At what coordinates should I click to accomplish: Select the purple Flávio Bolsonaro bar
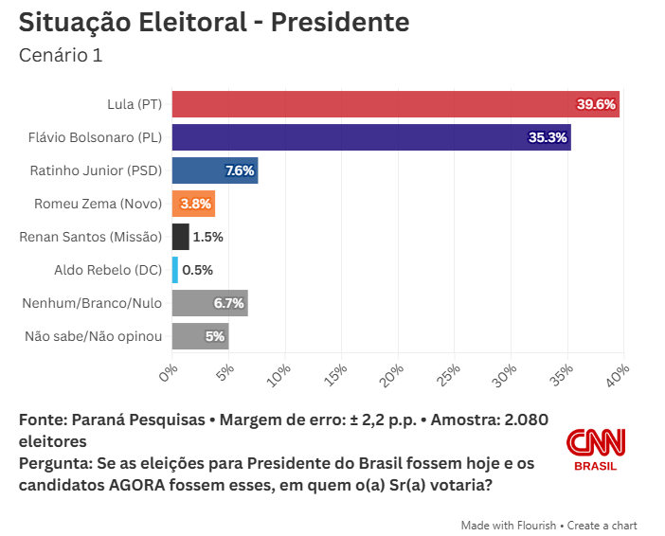(370, 137)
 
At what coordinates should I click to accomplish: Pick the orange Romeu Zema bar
(193, 204)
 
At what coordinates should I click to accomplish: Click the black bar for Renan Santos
(180, 237)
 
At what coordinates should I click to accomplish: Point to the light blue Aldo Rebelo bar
(174, 270)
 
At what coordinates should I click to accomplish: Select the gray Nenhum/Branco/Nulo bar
(209, 303)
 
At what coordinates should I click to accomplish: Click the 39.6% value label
(597, 104)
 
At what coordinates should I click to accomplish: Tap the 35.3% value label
(548, 137)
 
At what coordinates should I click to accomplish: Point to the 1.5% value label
(207, 237)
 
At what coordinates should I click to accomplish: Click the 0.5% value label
(197, 270)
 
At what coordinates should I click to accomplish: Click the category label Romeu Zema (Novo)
(98, 204)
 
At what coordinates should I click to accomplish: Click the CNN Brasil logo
(596, 449)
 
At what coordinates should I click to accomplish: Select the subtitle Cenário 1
(61, 55)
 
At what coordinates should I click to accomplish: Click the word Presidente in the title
(340, 22)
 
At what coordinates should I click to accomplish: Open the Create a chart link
(603, 525)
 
